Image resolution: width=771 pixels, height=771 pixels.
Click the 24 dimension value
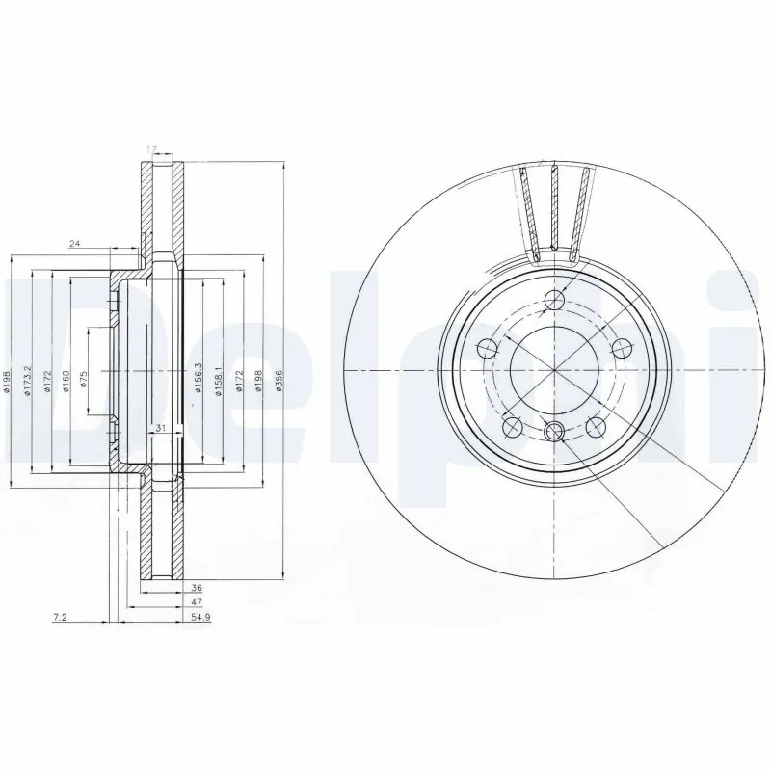[x=73, y=245]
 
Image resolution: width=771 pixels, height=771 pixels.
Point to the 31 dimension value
[x=161, y=429]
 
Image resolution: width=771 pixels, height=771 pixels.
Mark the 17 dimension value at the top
[x=150, y=148]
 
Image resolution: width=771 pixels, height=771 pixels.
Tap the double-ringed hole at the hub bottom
[x=555, y=433]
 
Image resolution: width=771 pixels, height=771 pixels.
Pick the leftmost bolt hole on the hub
[x=489, y=347]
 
